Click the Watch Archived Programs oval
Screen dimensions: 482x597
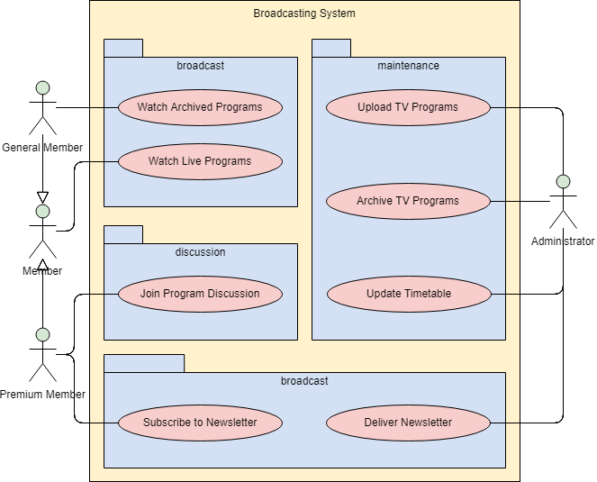click(x=200, y=107)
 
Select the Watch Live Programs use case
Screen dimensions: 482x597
click(x=200, y=162)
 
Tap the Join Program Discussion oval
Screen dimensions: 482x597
click(x=200, y=294)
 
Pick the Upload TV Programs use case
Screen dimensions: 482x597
click(x=408, y=107)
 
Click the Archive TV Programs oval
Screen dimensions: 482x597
click(x=408, y=201)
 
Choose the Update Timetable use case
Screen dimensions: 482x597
click(x=408, y=294)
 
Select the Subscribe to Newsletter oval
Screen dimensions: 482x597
click(x=200, y=423)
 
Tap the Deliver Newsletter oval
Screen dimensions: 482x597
click(x=408, y=423)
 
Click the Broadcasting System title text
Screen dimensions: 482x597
click(x=304, y=14)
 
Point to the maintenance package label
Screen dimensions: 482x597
click(x=408, y=66)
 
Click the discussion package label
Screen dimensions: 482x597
click(x=200, y=252)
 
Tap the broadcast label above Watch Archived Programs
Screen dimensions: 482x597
click(x=200, y=66)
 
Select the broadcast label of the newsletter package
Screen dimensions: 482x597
click(x=304, y=381)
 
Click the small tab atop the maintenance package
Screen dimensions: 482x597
click(x=331, y=49)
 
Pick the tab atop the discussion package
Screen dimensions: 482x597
click(x=123, y=234)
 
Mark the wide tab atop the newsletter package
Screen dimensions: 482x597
click(x=144, y=363)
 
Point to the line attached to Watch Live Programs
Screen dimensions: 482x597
click(x=104, y=162)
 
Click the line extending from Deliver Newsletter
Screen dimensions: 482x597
click(x=505, y=423)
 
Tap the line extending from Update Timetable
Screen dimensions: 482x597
click(x=505, y=294)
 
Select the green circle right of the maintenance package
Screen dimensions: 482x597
click(x=563, y=181)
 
